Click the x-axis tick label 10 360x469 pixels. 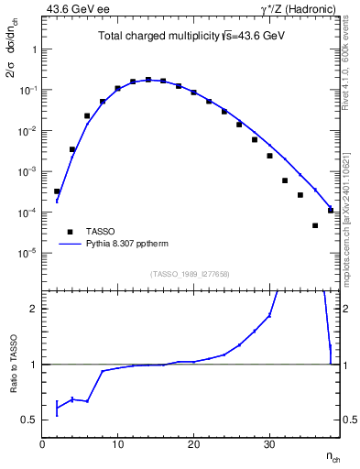coord(117,445)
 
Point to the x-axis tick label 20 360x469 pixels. coord(193,445)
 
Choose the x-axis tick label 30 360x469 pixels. coord(269,445)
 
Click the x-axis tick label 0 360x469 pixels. coord(42,445)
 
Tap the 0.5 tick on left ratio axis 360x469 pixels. coord(29,420)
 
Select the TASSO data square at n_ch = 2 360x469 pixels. coord(57,191)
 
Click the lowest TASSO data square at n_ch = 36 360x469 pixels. coord(315,225)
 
